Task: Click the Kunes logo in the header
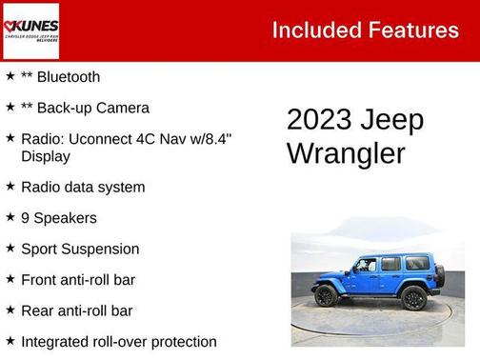point(31,31)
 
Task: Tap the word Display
point(45,156)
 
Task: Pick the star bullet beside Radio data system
point(10,187)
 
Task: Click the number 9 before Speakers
point(25,218)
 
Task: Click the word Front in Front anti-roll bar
point(40,280)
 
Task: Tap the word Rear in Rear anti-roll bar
point(38,310)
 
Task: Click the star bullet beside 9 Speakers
point(10,217)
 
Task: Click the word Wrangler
point(346,153)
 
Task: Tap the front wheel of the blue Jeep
point(327,295)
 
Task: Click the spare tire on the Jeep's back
point(439,276)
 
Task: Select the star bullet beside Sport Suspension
point(10,249)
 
